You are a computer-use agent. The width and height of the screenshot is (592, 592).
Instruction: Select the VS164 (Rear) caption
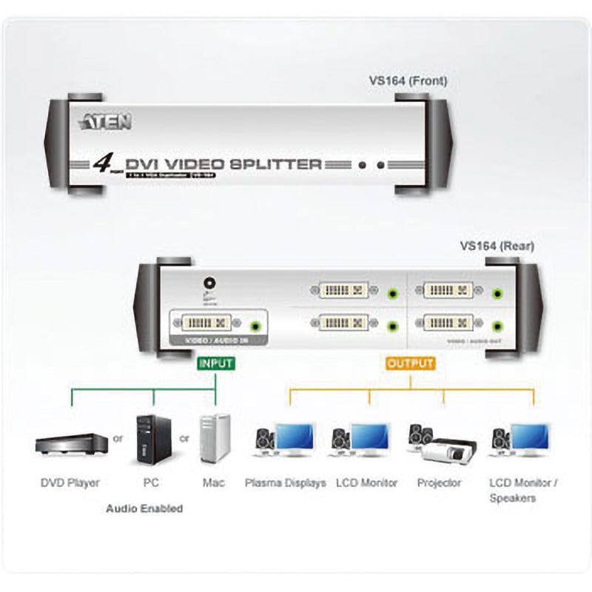pos(497,246)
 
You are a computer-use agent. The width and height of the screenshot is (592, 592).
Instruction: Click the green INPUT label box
pos(215,363)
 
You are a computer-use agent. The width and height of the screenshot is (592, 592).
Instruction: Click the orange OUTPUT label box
pos(411,363)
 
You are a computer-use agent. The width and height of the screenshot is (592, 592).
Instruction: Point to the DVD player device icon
pos(71,444)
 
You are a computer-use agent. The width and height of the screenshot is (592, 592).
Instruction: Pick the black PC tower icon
pos(153,440)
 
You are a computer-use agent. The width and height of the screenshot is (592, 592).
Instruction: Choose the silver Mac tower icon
pos(215,440)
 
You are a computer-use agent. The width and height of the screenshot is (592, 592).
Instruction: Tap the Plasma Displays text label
pos(284,483)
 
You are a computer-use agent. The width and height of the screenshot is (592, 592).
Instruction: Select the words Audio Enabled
pos(144,508)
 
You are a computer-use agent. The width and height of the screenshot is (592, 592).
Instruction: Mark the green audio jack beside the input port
pos(256,323)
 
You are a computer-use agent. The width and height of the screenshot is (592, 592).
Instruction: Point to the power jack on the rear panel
pos(209,282)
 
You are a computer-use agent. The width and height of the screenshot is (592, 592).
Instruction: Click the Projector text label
pos(439,483)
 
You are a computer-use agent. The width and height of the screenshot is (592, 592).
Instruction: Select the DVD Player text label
pos(70,483)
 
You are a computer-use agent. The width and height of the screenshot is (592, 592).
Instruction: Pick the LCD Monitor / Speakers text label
pos(523,491)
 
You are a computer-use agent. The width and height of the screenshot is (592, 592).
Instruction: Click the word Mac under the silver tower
pos(214,483)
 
